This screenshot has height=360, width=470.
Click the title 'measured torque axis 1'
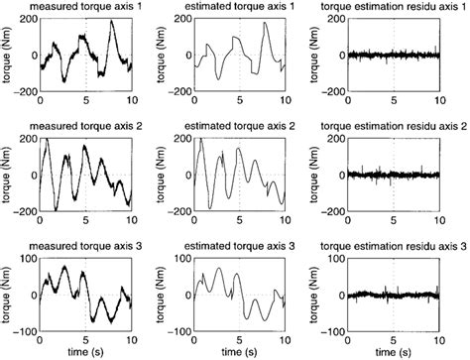coord(84,8)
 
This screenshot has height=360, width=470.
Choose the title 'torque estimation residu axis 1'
coord(398,8)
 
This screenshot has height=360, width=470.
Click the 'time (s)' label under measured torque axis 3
coord(85,351)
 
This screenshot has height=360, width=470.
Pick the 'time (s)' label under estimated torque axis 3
coord(242,351)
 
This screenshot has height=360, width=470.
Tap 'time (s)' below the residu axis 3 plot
coord(399,351)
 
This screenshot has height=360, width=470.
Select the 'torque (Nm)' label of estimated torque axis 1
coord(167,57)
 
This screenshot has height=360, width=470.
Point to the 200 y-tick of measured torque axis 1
coord(28,21)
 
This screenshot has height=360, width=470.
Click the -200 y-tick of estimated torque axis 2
coord(181,212)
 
